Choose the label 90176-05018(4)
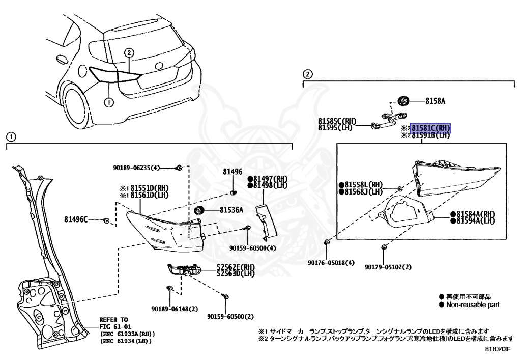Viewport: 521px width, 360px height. tap(331, 263)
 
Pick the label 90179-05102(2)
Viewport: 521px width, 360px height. tap(388, 267)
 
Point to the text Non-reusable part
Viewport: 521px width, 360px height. tap(473, 304)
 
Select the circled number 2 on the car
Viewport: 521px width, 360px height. tap(129, 52)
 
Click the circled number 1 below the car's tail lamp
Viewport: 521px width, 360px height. tap(108, 102)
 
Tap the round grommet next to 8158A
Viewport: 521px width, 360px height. tap(403, 100)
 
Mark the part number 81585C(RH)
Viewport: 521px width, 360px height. tap(337, 121)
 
